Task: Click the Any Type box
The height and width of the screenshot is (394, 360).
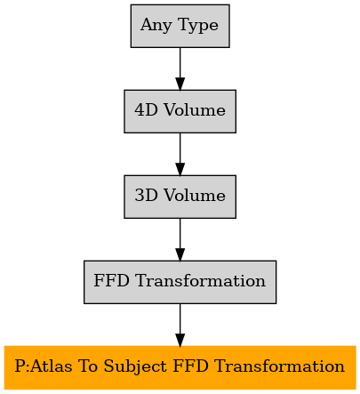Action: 180,26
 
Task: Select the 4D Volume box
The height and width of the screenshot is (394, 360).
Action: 180,111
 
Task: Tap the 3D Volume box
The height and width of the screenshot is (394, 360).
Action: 180,197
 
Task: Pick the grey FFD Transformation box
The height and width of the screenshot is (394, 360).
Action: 180,282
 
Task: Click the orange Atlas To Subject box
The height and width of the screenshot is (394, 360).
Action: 180,367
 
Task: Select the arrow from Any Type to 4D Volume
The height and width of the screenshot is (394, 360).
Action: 180,68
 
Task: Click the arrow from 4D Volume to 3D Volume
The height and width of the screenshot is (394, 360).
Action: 180,154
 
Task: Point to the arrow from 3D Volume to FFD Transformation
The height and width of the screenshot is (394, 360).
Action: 180,239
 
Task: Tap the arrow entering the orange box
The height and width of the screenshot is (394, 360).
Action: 180,325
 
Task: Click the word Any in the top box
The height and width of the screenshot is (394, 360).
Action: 156,26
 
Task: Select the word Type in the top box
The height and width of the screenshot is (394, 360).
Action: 198,26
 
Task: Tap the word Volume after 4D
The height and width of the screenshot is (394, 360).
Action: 195,110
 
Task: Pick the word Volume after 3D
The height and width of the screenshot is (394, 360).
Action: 195,196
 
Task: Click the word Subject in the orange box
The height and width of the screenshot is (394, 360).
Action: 136,366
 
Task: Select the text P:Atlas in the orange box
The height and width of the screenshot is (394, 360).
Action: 44,366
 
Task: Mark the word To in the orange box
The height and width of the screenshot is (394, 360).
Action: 88,366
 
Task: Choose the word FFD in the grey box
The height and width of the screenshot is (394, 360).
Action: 112,281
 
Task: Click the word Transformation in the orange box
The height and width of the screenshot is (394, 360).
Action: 279,366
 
